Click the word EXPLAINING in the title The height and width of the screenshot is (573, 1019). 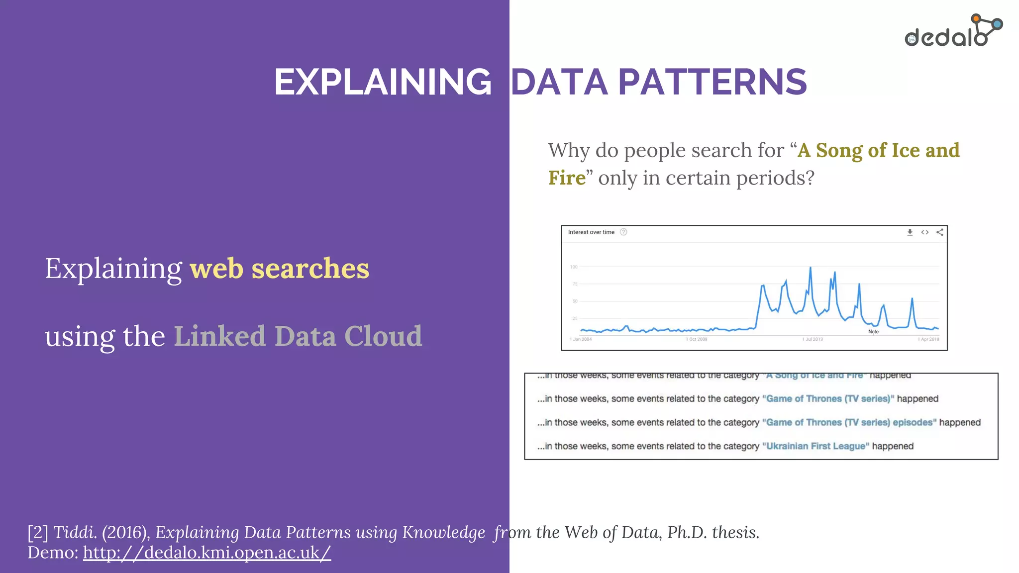[x=383, y=82]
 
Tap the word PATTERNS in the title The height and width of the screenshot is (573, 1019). [x=712, y=82]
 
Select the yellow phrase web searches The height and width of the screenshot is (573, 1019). [x=279, y=269]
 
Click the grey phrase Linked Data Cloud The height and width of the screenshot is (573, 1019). [x=298, y=336]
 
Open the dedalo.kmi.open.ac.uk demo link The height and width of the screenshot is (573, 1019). [x=206, y=553]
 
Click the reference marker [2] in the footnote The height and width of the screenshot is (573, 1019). [x=38, y=533]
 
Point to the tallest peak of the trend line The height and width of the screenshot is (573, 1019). [x=810, y=268]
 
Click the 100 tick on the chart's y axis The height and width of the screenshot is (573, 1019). [x=574, y=267]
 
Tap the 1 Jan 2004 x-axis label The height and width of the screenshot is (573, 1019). [x=581, y=339]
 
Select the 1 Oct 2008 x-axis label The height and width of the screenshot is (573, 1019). [x=696, y=339]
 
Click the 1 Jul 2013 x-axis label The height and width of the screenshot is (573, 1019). [x=812, y=339]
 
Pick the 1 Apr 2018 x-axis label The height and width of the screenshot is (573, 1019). [x=928, y=339]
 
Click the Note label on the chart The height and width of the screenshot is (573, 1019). [x=873, y=332]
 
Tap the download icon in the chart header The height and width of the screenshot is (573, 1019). [x=910, y=232]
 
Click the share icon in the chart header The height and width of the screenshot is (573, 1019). [x=939, y=232]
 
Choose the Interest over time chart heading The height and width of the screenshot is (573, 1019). [x=591, y=232]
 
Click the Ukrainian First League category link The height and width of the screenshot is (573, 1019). [x=815, y=446]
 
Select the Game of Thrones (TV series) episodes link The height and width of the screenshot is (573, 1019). [x=849, y=422]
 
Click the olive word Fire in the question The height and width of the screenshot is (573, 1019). [x=567, y=178]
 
